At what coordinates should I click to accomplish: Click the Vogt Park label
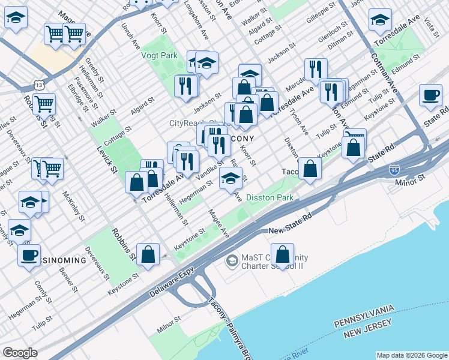(x=159, y=55)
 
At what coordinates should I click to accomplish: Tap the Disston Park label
(x=269, y=197)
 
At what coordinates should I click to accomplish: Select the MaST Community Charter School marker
(x=232, y=261)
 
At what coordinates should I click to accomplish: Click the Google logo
(x=20, y=353)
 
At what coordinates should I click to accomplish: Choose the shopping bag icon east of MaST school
(x=282, y=254)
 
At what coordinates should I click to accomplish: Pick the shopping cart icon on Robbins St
(x=44, y=104)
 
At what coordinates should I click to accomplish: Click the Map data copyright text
(x=411, y=355)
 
